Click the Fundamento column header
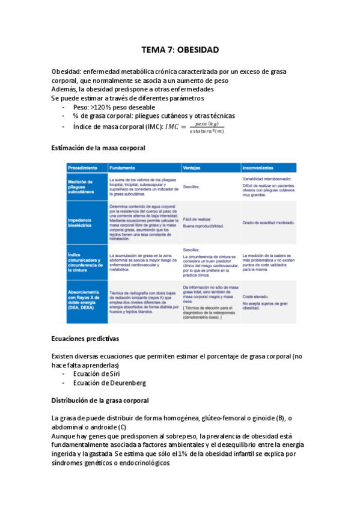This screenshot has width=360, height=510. tap(123, 168)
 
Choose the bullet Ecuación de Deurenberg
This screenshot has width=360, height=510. tap(109, 383)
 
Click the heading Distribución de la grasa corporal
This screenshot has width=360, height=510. tap(100, 401)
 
